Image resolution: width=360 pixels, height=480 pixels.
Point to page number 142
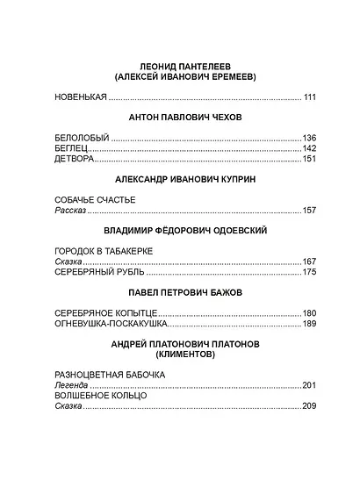308,148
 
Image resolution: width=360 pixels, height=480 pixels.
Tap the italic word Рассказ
70,211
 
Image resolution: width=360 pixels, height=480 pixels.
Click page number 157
308,211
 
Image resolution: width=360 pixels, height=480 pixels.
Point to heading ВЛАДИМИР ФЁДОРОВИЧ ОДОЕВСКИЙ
184,230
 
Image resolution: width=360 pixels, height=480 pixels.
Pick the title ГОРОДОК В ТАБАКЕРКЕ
103,251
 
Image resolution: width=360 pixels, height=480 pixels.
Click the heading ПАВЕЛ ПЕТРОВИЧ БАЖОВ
184,292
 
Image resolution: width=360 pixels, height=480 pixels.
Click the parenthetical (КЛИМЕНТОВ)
184,355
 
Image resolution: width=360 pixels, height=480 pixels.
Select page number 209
308,406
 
